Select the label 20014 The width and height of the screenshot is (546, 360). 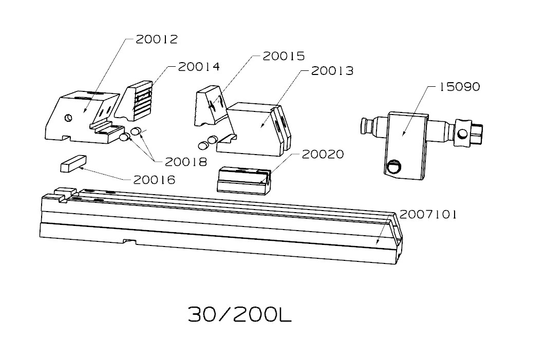coord(198,66)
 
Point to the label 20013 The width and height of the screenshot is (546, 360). coord(332,70)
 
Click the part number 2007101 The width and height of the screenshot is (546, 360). coord(428,214)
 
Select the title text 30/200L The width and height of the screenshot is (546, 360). coord(240,314)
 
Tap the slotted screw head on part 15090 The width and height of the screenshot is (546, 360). coord(394,166)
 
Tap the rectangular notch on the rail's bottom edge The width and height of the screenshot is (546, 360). coord(128,241)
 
